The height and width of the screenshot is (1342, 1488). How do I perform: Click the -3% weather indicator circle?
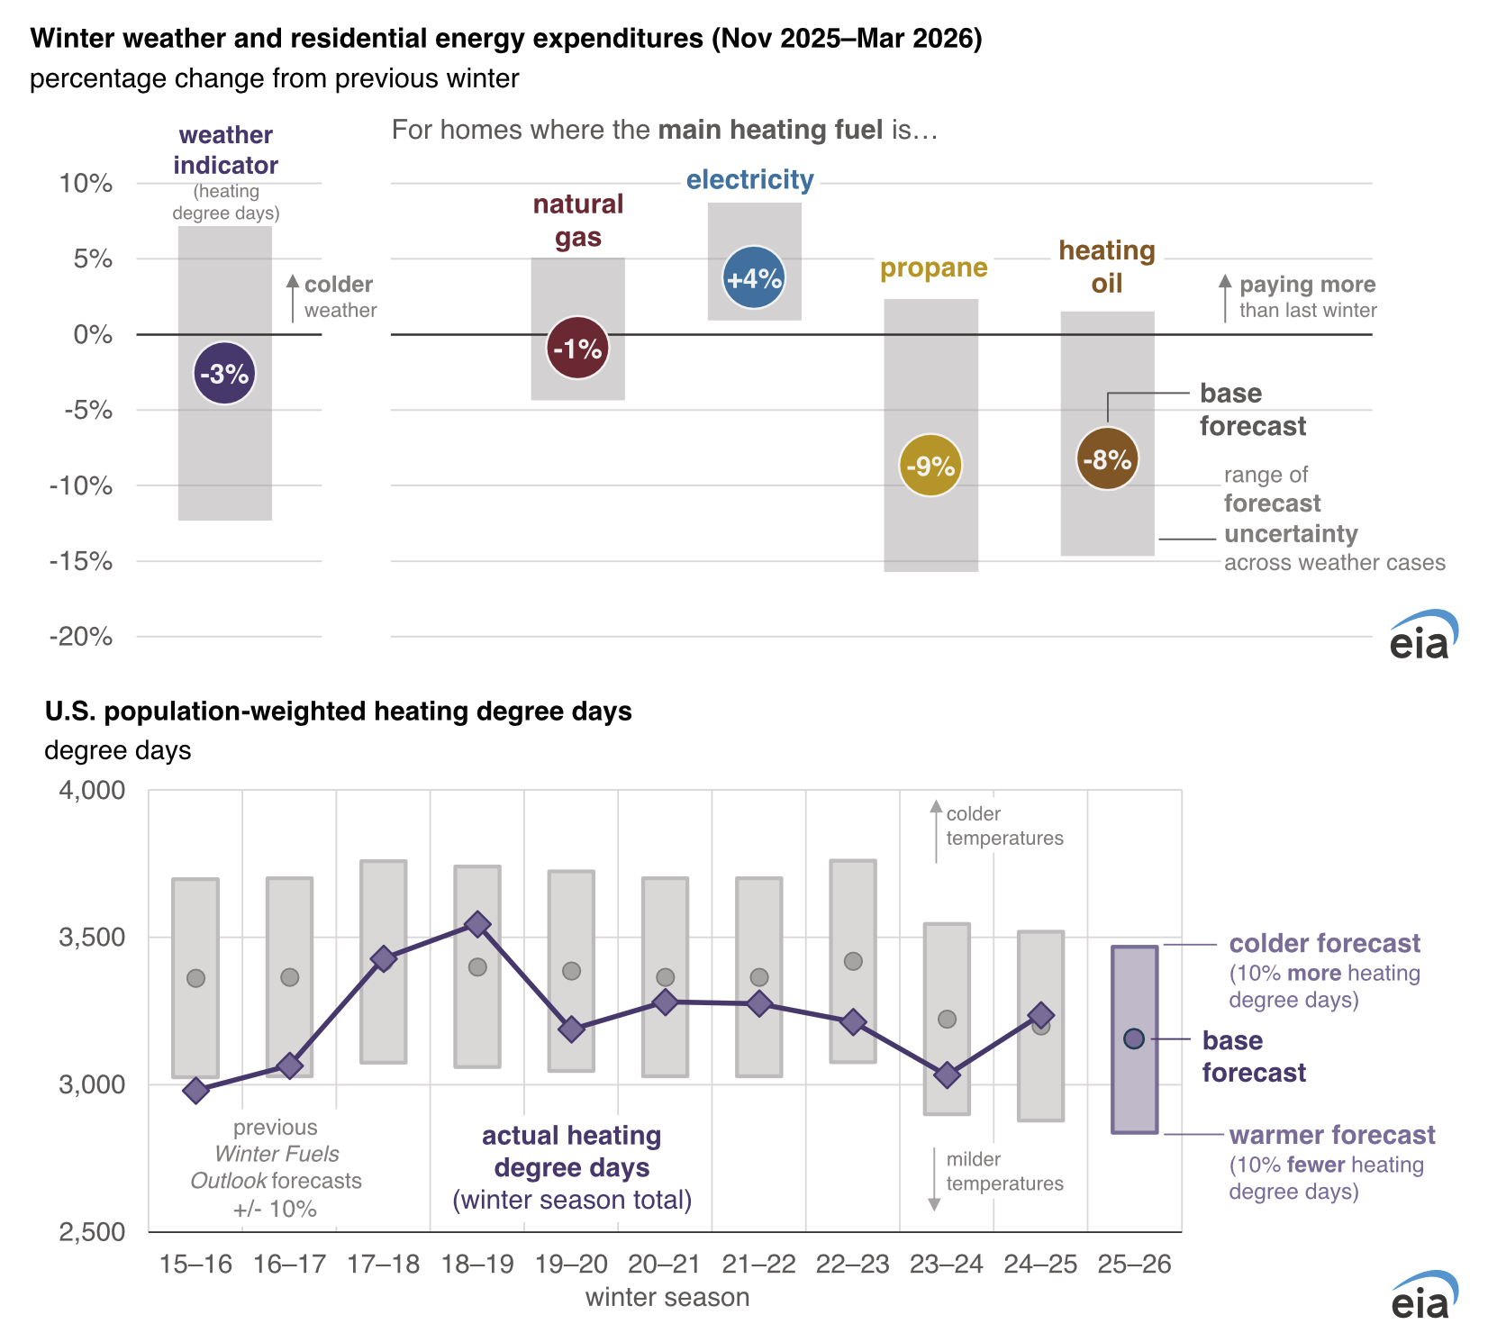(x=224, y=374)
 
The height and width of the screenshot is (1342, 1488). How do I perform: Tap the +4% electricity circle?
(x=754, y=278)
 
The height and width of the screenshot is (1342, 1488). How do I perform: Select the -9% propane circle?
(x=930, y=466)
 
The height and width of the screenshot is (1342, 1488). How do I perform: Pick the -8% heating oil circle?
(x=1107, y=459)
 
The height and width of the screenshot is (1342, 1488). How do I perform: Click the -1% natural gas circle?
(x=577, y=349)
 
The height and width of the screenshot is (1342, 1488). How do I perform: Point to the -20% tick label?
(x=81, y=637)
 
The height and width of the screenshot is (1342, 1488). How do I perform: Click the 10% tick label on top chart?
(x=86, y=184)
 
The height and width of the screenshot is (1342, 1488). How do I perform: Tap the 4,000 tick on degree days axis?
(x=92, y=791)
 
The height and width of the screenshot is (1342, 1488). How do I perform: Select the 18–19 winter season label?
(x=477, y=1265)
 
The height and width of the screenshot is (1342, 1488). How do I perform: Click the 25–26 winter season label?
(x=1134, y=1265)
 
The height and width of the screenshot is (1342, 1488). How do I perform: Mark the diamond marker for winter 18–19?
(x=477, y=924)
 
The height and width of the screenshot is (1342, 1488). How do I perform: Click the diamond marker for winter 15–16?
(x=195, y=1091)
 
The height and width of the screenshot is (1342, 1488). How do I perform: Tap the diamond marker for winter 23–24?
(x=947, y=1075)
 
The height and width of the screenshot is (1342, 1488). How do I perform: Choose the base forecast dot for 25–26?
(x=1134, y=1038)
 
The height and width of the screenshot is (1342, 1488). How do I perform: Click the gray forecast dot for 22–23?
(x=853, y=961)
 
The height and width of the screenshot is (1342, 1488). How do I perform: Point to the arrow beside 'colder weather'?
(x=293, y=297)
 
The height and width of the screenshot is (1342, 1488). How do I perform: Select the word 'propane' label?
(x=933, y=268)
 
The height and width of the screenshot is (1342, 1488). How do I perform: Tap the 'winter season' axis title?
(x=667, y=1298)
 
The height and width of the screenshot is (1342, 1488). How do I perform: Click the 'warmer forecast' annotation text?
(x=1331, y=1135)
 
